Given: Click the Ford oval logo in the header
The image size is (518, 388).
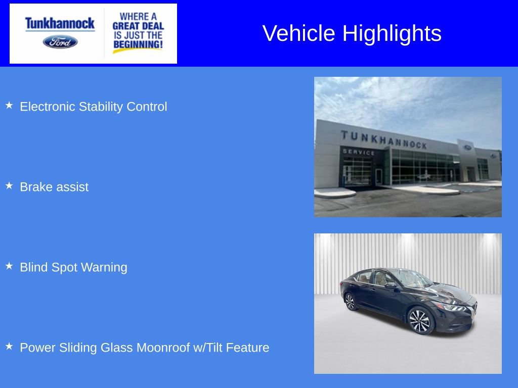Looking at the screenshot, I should (60, 42).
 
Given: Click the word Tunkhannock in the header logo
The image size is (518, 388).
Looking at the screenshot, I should (60, 23).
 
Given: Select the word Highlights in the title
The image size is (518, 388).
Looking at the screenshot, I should (392, 33).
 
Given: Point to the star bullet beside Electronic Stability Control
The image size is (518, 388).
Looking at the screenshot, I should (9, 106).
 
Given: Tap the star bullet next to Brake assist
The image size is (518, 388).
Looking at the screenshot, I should (9, 186).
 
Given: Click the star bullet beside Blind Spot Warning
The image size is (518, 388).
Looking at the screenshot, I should (9, 266).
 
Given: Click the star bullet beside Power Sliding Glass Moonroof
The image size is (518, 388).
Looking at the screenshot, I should (9, 347).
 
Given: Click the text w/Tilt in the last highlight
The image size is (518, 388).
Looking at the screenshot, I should (208, 348).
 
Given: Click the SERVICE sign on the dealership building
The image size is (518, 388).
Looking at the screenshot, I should (359, 152).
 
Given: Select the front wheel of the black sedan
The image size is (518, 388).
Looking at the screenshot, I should (419, 321).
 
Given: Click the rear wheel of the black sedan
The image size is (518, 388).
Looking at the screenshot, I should (350, 302).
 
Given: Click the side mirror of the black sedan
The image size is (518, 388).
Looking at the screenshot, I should (391, 285).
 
